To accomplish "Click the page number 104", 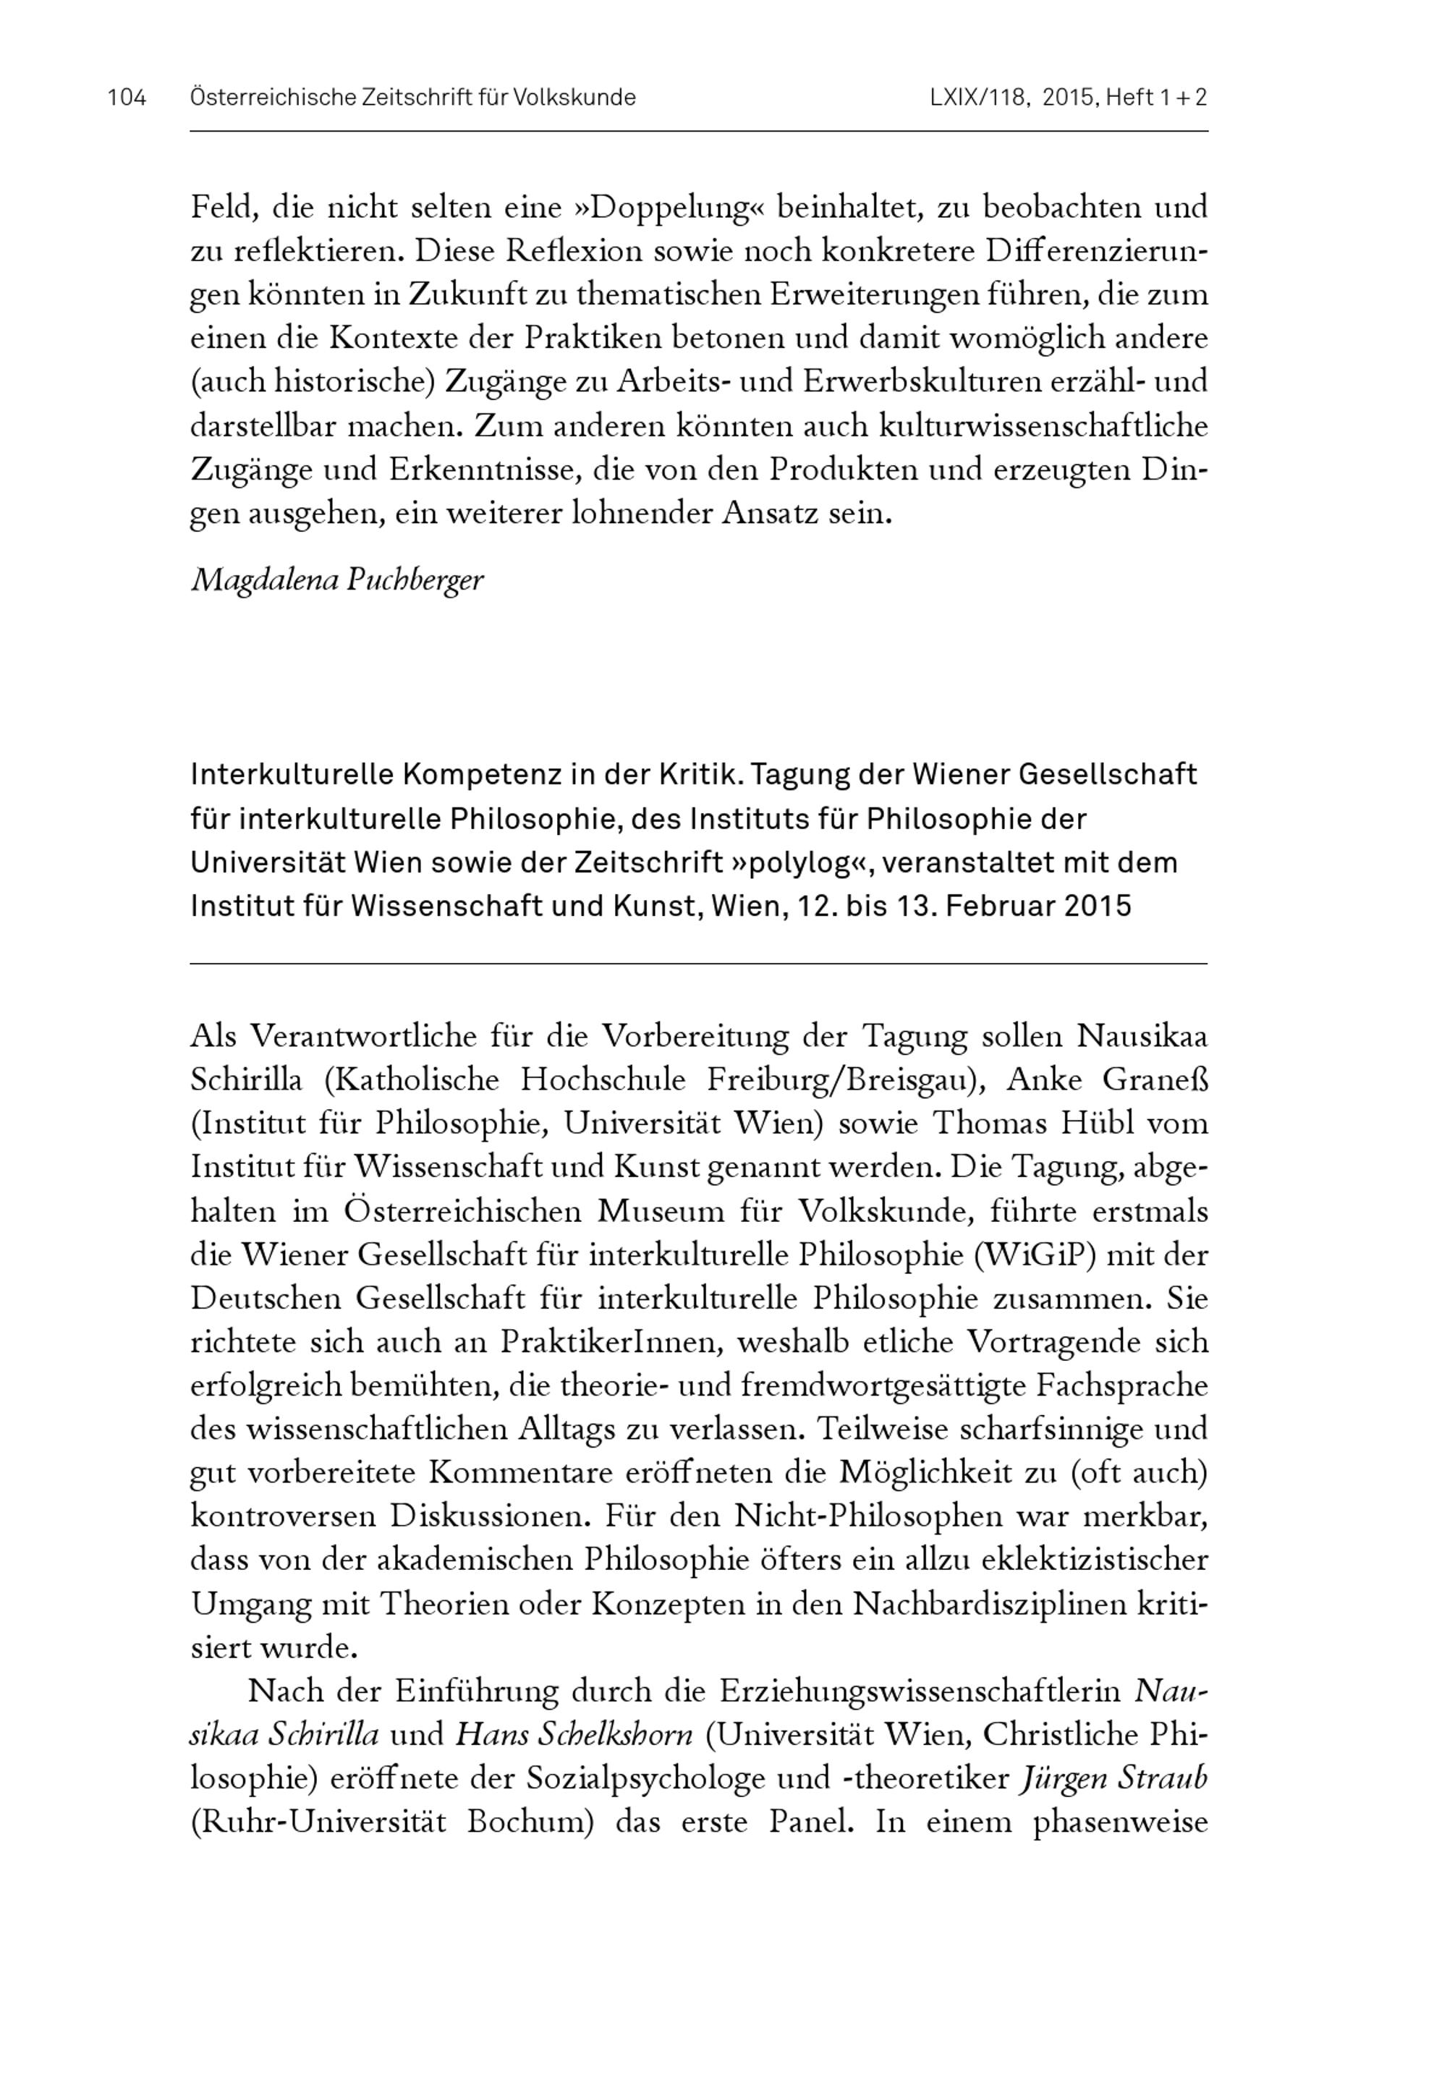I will pos(127,98).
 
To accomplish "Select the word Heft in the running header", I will pos(1129,98).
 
